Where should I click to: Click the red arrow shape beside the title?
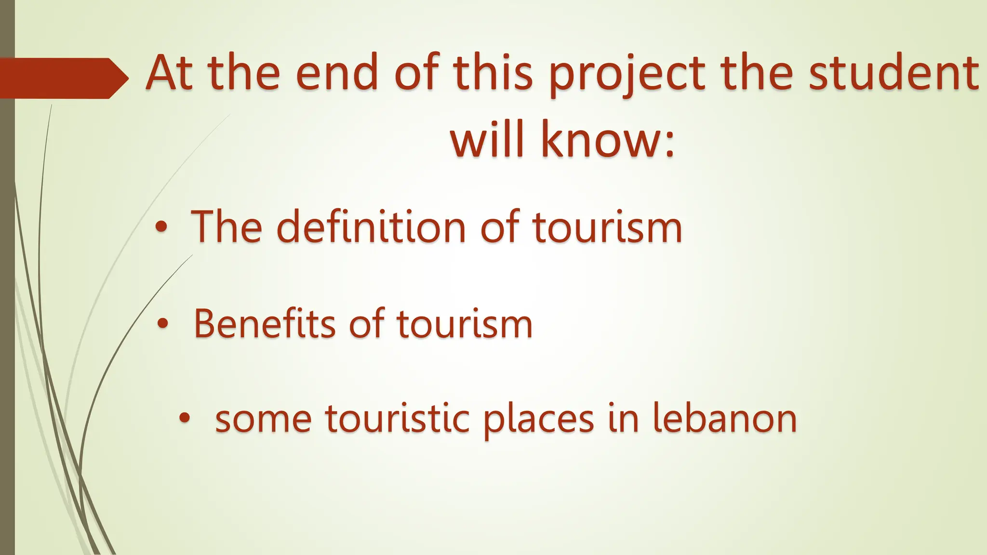click(63, 78)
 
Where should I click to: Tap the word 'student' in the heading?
click(894, 73)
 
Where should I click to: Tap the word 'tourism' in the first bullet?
click(607, 227)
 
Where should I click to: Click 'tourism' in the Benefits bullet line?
click(465, 324)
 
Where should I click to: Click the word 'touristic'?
click(397, 419)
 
